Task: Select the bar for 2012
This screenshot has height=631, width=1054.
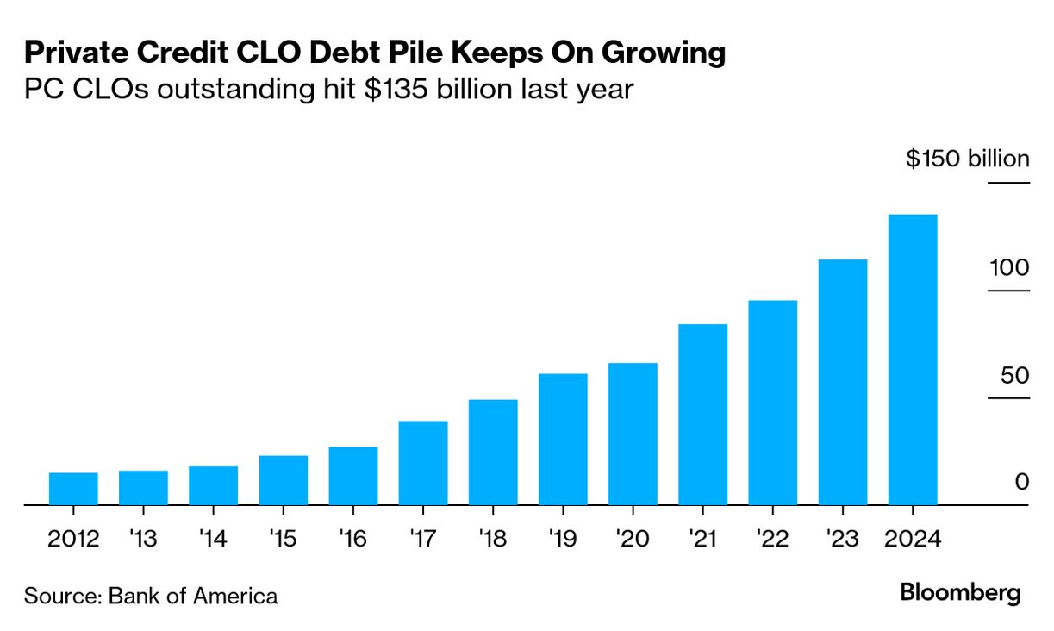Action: (73, 488)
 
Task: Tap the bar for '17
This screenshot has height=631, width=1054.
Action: (423, 462)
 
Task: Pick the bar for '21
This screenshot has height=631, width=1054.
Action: (702, 414)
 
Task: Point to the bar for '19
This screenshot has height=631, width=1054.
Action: (563, 439)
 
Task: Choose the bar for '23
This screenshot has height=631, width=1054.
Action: (842, 381)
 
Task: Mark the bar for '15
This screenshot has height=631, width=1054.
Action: (284, 479)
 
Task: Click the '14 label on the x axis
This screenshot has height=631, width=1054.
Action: (213, 540)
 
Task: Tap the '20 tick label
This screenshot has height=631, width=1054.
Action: (633, 540)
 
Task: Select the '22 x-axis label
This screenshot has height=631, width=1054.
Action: (772, 540)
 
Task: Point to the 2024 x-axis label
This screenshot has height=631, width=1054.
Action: (912, 540)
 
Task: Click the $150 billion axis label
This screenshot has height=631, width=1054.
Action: (967, 159)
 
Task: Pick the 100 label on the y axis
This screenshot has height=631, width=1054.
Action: (1008, 267)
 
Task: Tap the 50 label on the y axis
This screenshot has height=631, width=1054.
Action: (1014, 376)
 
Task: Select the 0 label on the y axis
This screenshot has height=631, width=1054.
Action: (1022, 482)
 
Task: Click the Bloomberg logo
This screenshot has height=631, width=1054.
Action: (960, 593)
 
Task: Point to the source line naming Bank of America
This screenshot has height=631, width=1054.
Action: (151, 596)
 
